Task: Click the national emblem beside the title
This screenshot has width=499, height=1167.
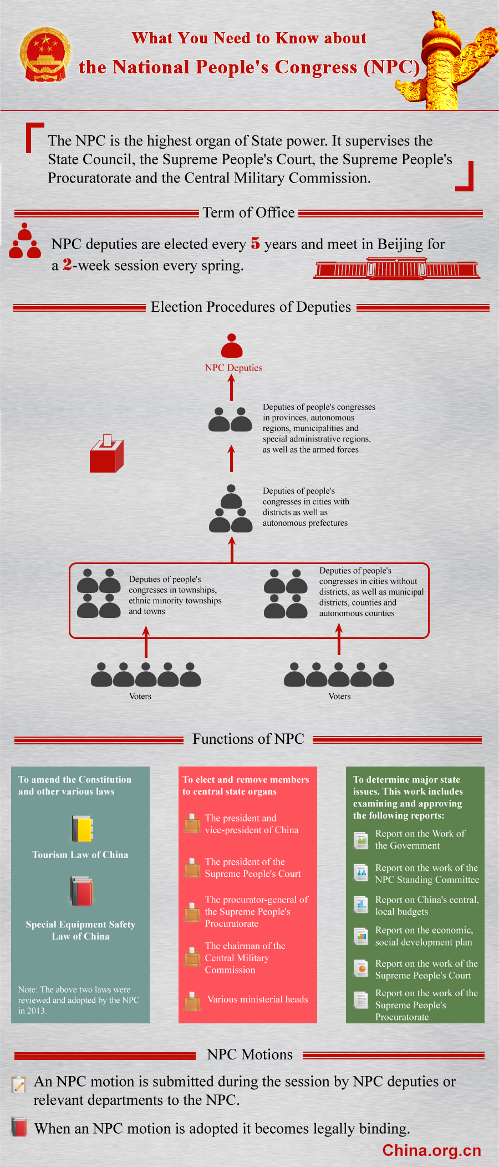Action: click(x=45, y=55)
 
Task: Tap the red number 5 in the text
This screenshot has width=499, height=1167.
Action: click(x=255, y=243)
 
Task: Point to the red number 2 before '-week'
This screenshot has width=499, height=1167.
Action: click(x=67, y=265)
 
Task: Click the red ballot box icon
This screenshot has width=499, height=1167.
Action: click(x=106, y=453)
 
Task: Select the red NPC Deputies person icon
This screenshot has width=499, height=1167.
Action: click(x=232, y=345)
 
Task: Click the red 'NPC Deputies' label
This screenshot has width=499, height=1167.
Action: click(x=233, y=368)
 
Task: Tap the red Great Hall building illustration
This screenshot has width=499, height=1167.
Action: click(x=397, y=268)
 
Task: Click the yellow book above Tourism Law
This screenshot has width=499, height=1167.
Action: click(x=82, y=829)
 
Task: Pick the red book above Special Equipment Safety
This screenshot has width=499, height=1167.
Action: click(x=82, y=891)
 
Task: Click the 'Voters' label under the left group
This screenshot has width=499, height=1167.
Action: click(x=140, y=696)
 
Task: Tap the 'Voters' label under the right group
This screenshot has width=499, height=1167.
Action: click(x=339, y=696)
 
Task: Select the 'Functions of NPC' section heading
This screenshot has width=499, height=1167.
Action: click(x=248, y=739)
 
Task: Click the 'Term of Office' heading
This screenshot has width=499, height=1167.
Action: click(x=248, y=212)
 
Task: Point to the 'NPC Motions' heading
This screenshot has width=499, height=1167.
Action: click(x=249, y=1054)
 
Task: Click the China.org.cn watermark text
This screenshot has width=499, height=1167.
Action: click(x=431, y=1150)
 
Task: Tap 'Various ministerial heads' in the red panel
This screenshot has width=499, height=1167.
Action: click(x=257, y=999)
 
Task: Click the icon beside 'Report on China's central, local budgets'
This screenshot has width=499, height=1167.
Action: click(x=361, y=905)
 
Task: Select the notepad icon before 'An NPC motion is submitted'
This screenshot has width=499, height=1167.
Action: click(x=19, y=1084)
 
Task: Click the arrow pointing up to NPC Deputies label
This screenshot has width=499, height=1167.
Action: click(x=232, y=388)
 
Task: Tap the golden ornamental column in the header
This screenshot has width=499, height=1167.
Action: click(x=447, y=61)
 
